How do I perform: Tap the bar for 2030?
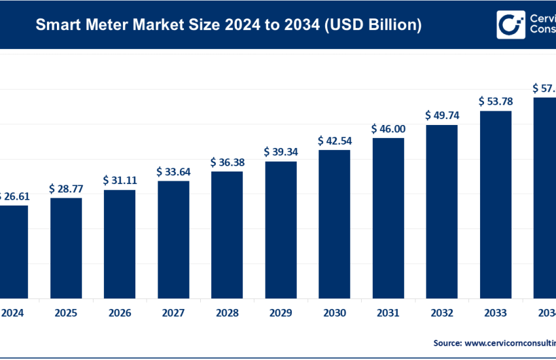(x=334, y=222)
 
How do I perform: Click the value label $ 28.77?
(x=66, y=189)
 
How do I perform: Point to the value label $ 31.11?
(x=120, y=180)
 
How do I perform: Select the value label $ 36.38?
(x=227, y=162)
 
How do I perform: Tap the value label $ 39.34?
(x=281, y=152)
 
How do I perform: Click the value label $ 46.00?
(x=388, y=129)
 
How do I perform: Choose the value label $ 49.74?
(x=442, y=116)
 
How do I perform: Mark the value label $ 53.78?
(x=495, y=101)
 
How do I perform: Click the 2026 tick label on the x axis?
(x=120, y=312)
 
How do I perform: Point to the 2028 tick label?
(x=227, y=312)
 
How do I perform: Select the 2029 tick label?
(x=281, y=312)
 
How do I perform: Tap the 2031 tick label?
(x=388, y=312)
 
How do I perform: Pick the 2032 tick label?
(x=442, y=312)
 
